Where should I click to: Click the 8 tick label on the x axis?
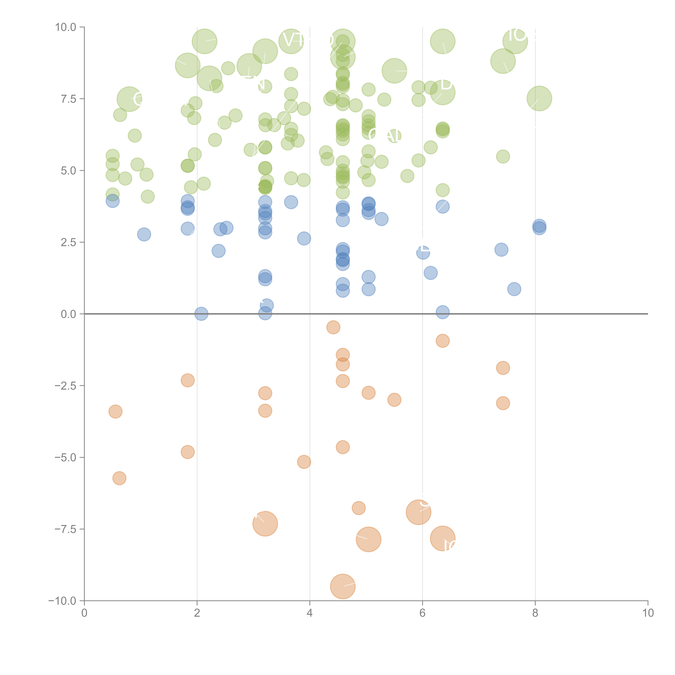pos(535,613)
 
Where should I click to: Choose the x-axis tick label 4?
pos(310,613)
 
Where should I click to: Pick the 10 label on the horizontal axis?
pos(648,613)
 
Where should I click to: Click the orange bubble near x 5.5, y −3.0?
pos(394,400)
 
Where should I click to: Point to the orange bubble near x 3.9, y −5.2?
pos(304,462)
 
